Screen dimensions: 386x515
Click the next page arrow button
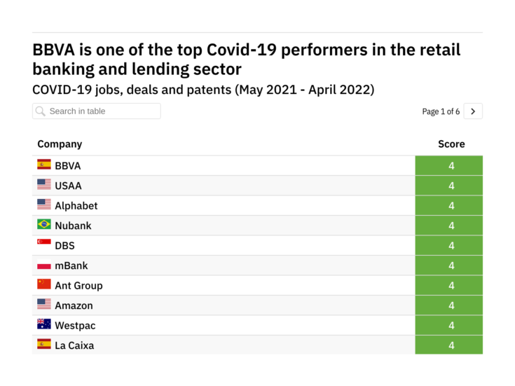tap(473, 111)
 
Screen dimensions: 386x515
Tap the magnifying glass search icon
tap(41, 111)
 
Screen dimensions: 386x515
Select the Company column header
tap(60, 144)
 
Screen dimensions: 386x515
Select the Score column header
tap(451, 144)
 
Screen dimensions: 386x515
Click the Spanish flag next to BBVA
tap(44, 165)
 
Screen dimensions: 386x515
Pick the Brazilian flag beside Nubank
tap(44, 225)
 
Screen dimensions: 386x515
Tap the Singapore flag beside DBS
tap(44, 244)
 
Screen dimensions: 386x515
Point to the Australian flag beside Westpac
tap(44, 324)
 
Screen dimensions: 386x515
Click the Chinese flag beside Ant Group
tap(44, 284)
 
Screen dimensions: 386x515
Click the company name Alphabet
tap(76, 206)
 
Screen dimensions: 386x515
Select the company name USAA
tap(68, 186)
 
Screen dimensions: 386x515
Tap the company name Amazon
tap(74, 305)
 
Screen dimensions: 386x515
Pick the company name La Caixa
tap(74, 345)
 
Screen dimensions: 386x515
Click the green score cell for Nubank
tap(449, 226)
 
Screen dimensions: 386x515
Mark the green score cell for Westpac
tap(449, 326)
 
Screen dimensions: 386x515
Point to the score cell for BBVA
tap(449, 166)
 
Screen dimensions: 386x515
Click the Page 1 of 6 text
tap(441, 111)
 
